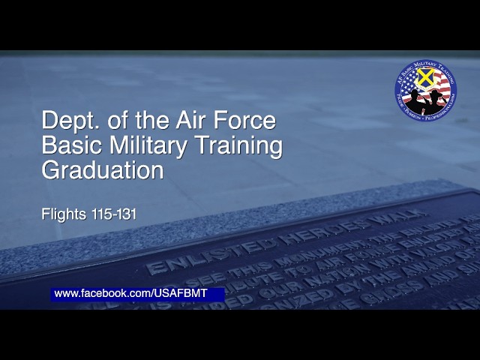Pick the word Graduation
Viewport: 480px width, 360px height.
coord(103,171)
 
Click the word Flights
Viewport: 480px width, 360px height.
coord(61,214)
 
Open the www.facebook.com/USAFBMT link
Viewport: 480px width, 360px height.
coord(130,293)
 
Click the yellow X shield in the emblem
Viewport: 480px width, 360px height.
coord(425,77)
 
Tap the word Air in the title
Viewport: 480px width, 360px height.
coord(193,120)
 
